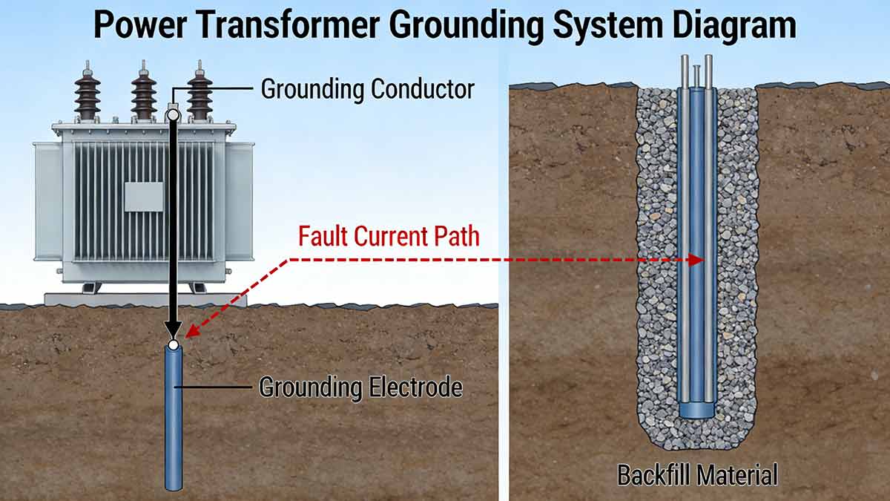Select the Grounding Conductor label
(x=367, y=89)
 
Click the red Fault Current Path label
(x=389, y=237)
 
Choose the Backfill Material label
(x=698, y=475)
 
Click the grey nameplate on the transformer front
(x=143, y=197)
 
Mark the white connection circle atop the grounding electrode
(x=173, y=344)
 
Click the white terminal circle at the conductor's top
(x=173, y=114)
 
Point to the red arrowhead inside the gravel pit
(x=696, y=260)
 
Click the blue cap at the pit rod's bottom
(x=698, y=410)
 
